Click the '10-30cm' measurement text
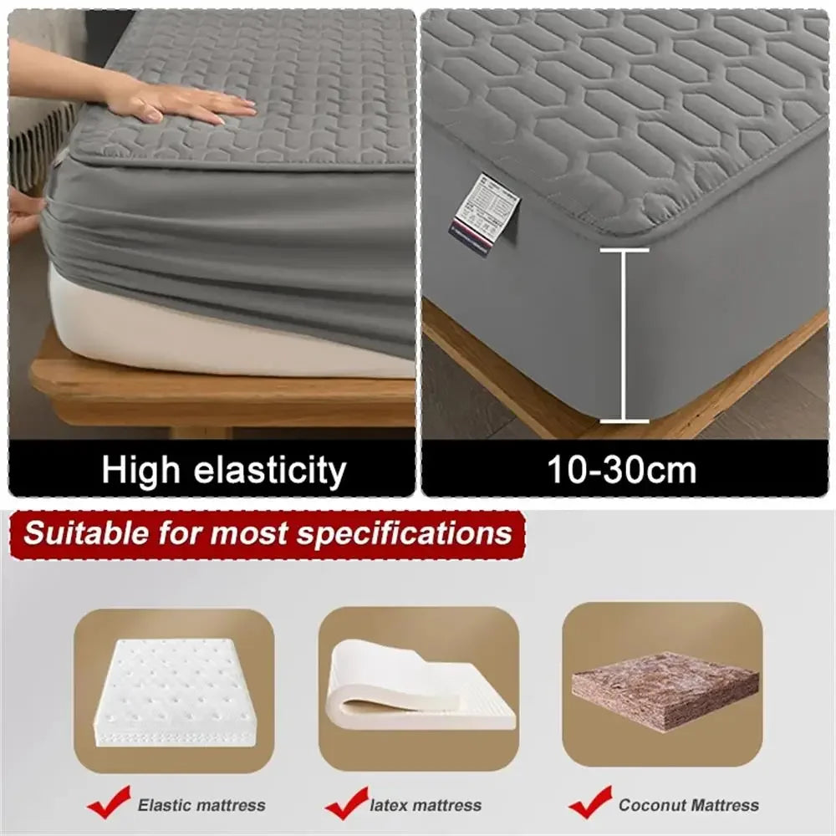(x=622, y=471)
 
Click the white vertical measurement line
(x=624, y=334)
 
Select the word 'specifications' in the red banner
(x=405, y=534)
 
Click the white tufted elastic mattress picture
(x=173, y=691)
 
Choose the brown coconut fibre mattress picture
(x=665, y=689)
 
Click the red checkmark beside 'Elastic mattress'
(x=110, y=804)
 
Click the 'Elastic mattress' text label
(x=201, y=806)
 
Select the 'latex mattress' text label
(x=426, y=806)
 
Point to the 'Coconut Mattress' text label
(x=689, y=805)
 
